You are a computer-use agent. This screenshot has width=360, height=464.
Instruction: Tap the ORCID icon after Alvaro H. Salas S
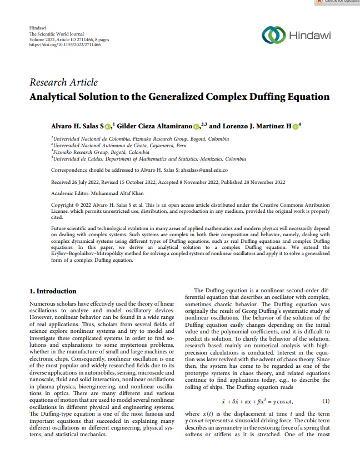[x=116, y=126]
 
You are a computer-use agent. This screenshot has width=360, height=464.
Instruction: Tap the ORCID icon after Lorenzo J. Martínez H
[x=296, y=126]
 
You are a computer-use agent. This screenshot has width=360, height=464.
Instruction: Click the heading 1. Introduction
[x=53, y=291]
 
